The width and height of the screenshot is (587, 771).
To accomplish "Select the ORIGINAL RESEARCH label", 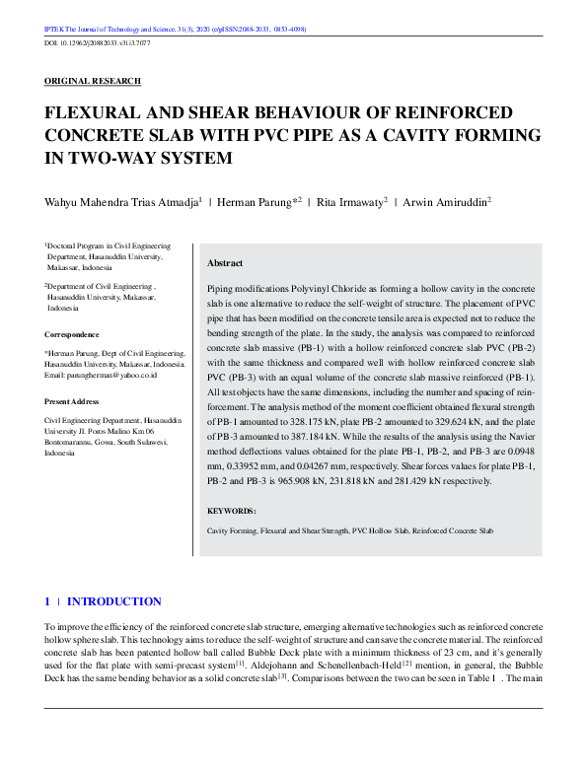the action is pos(93,81).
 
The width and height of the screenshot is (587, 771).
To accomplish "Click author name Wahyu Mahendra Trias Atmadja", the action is pos(122,201).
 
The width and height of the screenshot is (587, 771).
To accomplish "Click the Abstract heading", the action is pos(225,264).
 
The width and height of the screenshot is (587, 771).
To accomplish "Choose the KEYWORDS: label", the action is pos(231,511).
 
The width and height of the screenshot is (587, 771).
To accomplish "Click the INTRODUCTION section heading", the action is pos(113,601).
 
